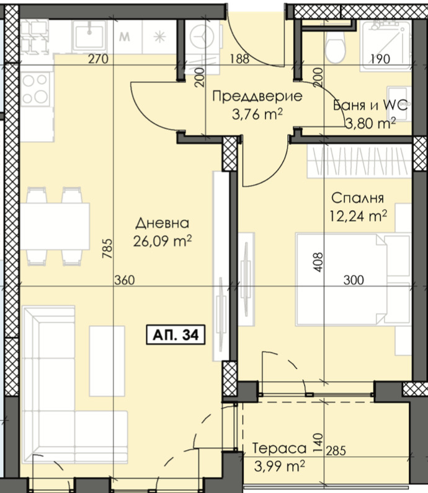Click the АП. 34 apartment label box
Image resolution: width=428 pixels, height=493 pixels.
point(176,335)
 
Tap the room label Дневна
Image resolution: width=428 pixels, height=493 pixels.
point(162,223)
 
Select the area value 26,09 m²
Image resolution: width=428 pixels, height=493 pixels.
point(163,241)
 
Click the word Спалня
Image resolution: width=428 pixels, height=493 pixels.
point(357,198)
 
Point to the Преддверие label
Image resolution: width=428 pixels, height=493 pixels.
point(257,96)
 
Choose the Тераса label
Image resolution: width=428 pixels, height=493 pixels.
point(279,448)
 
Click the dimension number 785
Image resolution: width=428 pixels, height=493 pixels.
point(107,248)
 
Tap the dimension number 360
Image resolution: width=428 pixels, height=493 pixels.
point(125,280)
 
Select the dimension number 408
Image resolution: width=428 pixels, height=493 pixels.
point(318,262)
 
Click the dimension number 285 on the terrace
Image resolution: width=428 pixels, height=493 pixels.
point(336,451)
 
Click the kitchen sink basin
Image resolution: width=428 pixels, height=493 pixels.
point(89,36)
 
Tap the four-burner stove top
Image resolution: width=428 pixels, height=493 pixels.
point(35,89)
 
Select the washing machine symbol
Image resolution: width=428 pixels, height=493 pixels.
point(202,36)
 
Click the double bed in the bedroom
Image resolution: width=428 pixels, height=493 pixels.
point(353,279)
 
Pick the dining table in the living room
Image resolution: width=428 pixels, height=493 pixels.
point(55,227)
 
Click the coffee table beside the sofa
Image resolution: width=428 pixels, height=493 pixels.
point(107,361)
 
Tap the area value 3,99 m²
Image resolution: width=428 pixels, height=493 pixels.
point(279,466)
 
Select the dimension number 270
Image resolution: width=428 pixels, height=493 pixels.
point(98,59)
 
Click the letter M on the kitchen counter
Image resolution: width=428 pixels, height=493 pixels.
point(125,37)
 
